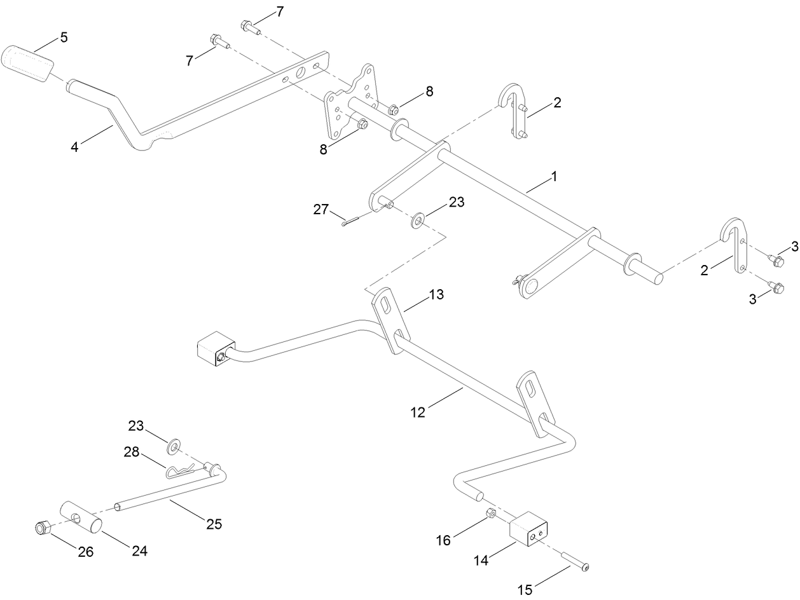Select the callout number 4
coord(75,147)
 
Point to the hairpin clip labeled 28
coord(180,472)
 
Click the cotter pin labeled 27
coord(350,220)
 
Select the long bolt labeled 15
coord(575,561)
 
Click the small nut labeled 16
coord(490,513)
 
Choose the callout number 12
coord(418,412)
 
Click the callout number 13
coord(436,295)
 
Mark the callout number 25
coord(214,524)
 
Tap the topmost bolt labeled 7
coord(249,27)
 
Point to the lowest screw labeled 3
coord(775,287)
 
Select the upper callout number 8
coord(429,92)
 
